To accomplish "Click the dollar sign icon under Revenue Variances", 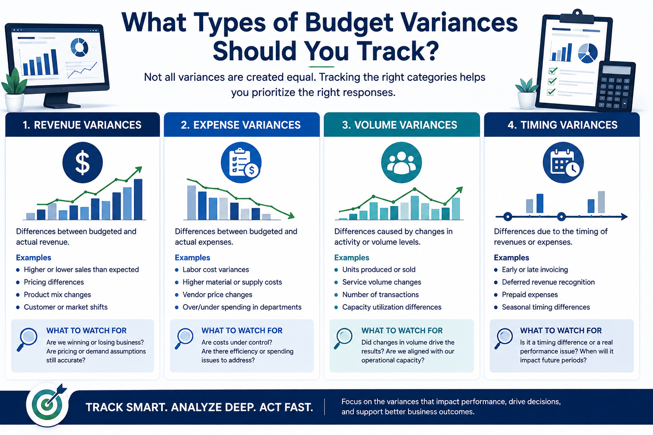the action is point(82,163).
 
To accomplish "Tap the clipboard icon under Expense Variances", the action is point(241,163).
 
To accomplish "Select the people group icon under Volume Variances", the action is point(401,163).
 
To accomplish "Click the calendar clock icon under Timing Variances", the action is point(563,163).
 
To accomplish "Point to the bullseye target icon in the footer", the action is point(48,404).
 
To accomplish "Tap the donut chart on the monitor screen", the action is point(79,47).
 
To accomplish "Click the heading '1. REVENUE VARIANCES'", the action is point(82,125).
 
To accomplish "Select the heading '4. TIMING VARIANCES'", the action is point(562,125).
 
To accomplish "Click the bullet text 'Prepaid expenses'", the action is point(530,294).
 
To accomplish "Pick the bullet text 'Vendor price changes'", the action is point(217,294).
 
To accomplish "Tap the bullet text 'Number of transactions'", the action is point(380,294).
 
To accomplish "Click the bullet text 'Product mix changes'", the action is point(57,294).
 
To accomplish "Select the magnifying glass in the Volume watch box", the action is point(343,338).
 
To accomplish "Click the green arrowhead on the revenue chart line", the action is point(139,169).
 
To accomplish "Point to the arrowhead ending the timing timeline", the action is point(624,217).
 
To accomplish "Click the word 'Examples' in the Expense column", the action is point(193,257).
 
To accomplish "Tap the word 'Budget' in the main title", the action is point(349,24).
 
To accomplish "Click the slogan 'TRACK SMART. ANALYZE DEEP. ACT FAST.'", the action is point(199,407).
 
